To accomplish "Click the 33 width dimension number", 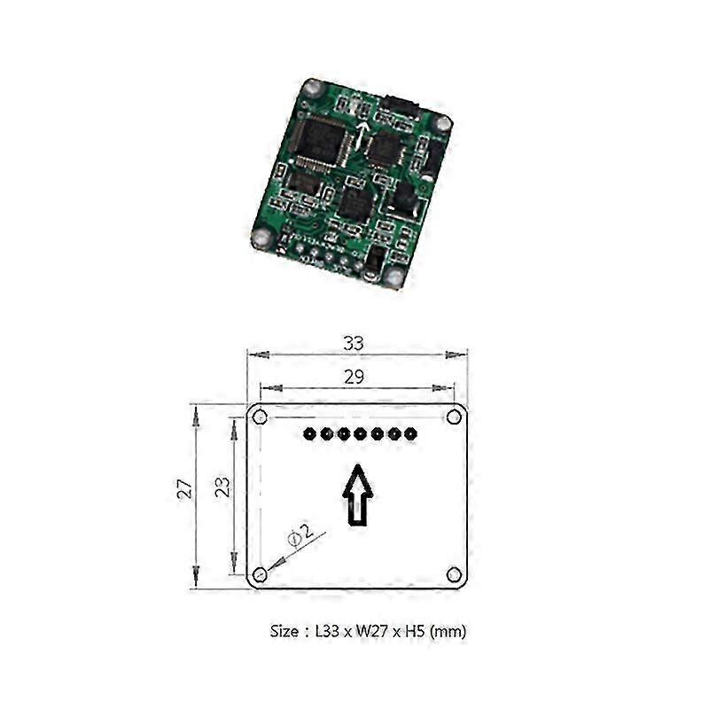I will coord(354,342).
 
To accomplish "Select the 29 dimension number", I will coord(354,377).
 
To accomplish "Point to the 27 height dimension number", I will coord(185,488).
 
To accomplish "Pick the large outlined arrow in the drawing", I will coord(358,495).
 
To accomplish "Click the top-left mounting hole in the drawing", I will coord(260,417).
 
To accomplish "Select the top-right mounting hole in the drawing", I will coord(454,417).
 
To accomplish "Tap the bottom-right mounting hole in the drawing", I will coord(454,574).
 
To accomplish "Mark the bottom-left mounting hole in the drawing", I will coord(260,574).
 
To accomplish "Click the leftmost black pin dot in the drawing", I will coord(308,434).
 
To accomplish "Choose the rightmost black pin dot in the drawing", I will coord(409,434).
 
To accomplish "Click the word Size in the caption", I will coord(284,632).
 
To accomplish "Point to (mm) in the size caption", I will coord(448,632).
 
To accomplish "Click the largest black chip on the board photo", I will coord(321,141).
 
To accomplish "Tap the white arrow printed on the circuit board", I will coord(362,136).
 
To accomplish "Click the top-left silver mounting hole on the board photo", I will coord(311,88).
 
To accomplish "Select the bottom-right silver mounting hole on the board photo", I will coord(395,277).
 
